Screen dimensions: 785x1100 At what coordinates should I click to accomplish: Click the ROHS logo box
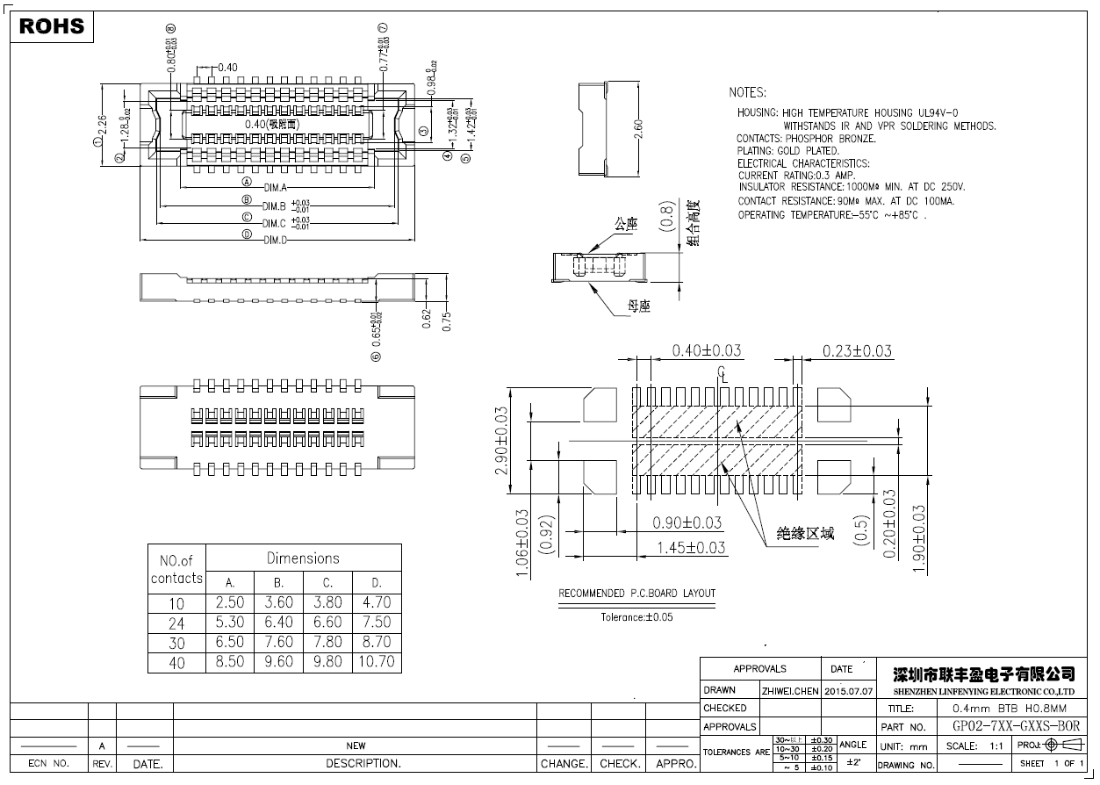(x=52, y=26)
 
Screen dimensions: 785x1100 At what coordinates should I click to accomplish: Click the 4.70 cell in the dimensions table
(x=377, y=602)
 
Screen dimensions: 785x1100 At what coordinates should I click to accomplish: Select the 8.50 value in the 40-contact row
(x=230, y=661)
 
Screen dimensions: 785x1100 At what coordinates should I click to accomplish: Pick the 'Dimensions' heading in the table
(x=303, y=558)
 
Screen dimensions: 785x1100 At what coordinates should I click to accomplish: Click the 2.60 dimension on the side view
(x=639, y=128)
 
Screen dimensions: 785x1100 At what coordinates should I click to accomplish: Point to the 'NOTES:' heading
(x=747, y=92)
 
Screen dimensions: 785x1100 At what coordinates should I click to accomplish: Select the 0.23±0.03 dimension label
(x=857, y=351)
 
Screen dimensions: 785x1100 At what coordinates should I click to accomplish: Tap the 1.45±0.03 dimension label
(x=692, y=547)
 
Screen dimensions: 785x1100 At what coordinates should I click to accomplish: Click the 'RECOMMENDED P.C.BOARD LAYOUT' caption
(x=637, y=594)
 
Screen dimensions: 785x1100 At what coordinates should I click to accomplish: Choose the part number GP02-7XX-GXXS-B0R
(x=1016, y=726)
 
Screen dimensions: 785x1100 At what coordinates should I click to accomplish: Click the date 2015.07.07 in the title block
(x=849, y=690)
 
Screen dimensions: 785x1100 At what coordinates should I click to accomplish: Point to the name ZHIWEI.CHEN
(x=790, y=690)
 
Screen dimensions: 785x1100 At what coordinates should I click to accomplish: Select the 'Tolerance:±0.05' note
(x=636, y=617)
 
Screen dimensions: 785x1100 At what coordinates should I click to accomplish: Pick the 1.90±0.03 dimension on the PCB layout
(x=920, y=538)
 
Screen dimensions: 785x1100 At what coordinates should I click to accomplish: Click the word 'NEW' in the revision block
(x=356, y=745)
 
